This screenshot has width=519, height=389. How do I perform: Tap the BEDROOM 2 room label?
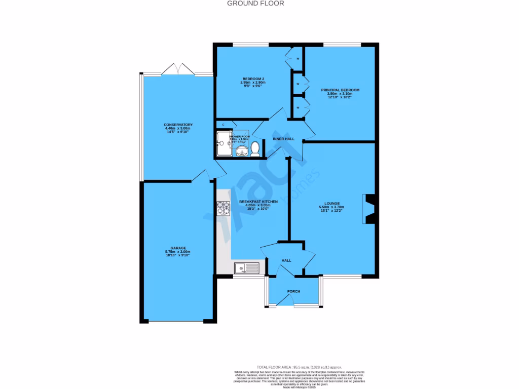(x=253, y=79)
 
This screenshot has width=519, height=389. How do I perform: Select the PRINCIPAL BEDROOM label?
(x=340, y=90)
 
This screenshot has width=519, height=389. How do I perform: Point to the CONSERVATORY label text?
(x=178, y=125)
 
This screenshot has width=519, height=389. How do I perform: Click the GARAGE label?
(x=178, y=248)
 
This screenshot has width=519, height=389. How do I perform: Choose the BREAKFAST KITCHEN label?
(x=258, y=202)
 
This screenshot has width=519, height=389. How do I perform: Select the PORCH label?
(x=293, y=291)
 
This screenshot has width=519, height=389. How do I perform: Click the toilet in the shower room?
(x=255, y=148)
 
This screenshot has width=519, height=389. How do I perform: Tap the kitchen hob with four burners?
(x=224, y=208)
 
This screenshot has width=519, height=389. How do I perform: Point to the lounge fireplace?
(x=369, y=209)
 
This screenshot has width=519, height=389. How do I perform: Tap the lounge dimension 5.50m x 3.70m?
(x=332, y=207)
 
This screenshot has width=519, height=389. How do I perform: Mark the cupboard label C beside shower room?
(x=224, y=124)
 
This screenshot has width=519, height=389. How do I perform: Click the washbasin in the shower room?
(x=240, y=150)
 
